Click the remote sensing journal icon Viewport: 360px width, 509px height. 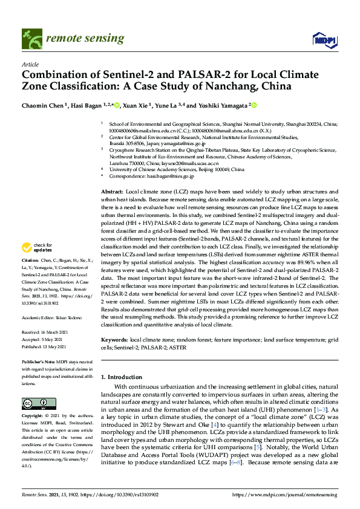click(30, 39)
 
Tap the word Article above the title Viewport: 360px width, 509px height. click(30, 63)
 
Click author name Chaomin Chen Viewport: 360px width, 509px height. click(44, 105)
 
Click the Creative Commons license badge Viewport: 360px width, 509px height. click(31, 404)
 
